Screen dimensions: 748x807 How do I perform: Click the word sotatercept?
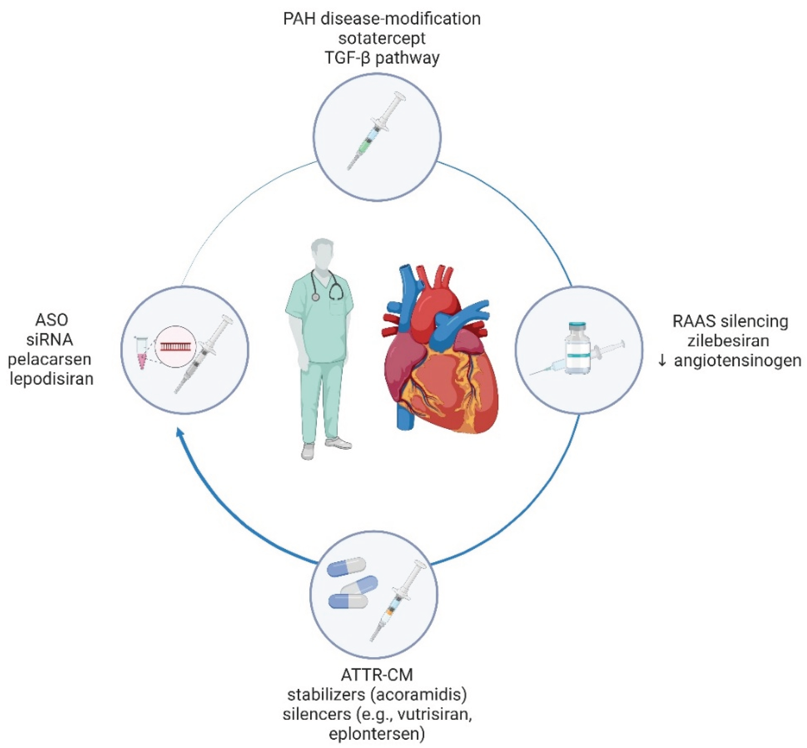382,38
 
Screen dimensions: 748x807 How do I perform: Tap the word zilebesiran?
728,341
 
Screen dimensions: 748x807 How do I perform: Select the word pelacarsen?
50,359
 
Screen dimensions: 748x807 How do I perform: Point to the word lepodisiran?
51,379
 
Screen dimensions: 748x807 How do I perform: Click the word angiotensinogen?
737,360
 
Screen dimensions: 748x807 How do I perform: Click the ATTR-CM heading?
377,675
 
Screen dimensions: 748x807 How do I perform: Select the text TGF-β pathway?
382,58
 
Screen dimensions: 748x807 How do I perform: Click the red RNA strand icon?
176,346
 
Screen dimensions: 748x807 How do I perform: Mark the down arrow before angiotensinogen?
662,361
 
